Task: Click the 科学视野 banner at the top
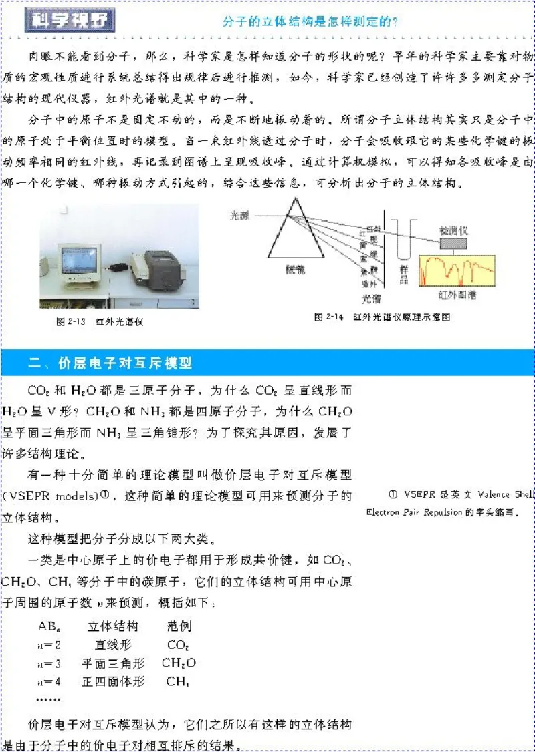point(70,21)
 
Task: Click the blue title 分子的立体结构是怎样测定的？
point(310,21)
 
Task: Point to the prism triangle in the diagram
point(292,234)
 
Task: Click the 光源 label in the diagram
point(239,216)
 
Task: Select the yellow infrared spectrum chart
point(456,270)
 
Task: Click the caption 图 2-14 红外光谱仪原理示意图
point(382,317)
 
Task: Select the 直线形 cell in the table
point(113,645)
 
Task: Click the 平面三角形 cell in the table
point(113,663)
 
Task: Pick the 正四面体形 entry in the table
point(113,682)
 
